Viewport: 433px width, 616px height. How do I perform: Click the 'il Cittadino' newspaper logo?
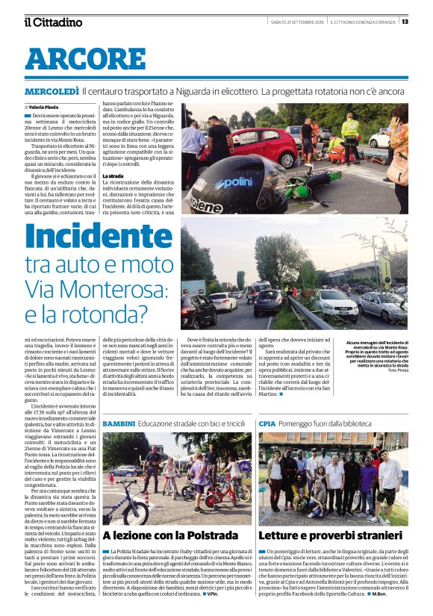[x=52, y=22]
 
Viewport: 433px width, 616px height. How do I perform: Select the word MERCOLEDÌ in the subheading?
[x=52, y=91]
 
